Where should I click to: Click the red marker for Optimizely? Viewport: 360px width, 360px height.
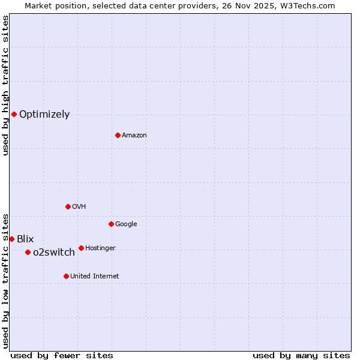14,114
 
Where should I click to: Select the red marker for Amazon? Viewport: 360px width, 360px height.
118,135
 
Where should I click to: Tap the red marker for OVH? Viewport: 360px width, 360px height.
68,206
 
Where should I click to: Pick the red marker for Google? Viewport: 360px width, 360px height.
111,224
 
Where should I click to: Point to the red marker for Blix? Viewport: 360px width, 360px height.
11,239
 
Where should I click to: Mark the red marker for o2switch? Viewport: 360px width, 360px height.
28,252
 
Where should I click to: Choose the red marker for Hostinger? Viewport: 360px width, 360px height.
81,248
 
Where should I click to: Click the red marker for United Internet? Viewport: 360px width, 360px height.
66,276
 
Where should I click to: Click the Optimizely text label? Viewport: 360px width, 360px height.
44,115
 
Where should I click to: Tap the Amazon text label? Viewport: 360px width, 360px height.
134,136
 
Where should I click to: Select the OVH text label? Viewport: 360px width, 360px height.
79,207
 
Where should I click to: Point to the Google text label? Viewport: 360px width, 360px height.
126,224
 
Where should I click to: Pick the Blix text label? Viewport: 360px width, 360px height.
25,239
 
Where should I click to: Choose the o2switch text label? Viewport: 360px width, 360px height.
54,253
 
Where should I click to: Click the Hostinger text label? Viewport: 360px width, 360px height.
100,248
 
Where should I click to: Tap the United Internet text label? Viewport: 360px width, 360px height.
94,277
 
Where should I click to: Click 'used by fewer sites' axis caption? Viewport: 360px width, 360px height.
62,355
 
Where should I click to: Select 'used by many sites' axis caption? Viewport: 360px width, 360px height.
301,355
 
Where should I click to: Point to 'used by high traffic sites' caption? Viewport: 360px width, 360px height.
5,85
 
